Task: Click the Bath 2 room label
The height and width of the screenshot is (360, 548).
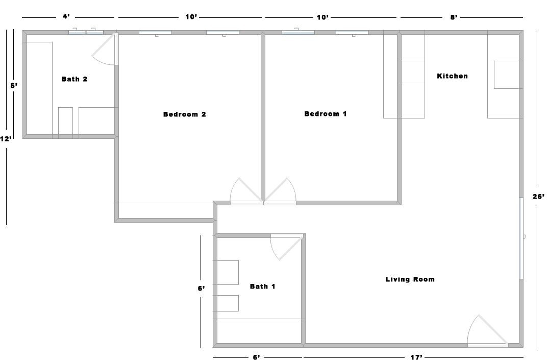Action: pos(74,79)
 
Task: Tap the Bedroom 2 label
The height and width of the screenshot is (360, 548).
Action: pos(185,114)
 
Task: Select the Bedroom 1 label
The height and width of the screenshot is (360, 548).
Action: pos(326,114)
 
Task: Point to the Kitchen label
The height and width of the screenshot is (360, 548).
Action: pos(452,76)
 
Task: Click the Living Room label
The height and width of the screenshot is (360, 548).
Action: pos(410,279)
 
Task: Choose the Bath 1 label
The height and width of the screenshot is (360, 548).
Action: pos(262,286)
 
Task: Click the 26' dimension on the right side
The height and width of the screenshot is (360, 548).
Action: pos(538,197)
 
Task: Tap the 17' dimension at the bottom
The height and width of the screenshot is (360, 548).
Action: pos(416,357)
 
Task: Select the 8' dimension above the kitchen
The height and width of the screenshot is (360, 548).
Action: pos(454,17)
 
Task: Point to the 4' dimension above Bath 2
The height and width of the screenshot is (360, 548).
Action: pos(66,16)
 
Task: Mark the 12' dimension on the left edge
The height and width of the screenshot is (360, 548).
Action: pos(6,139)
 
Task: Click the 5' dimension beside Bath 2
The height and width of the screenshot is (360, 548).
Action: pos(14,85)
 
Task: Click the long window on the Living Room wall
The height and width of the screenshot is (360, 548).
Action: pos(521,238)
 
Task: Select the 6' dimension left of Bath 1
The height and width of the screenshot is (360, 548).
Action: pos(202,289)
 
